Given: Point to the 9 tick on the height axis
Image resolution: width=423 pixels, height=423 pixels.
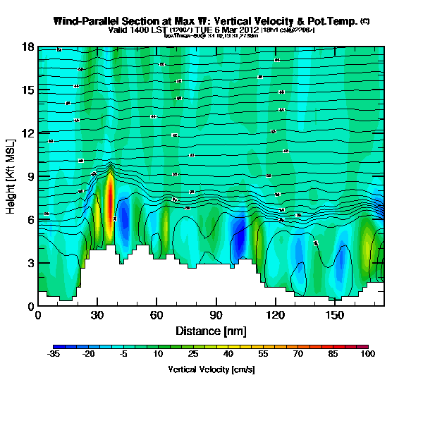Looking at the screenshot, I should (37, 176).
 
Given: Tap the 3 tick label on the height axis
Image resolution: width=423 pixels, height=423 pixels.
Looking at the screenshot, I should (31, 263).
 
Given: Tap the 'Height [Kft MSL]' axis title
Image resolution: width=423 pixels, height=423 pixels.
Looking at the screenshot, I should (12, 176).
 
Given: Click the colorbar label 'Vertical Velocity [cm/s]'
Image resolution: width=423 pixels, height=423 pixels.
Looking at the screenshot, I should (211, 369).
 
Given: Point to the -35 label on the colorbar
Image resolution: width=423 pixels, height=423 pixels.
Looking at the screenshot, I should (54, 354).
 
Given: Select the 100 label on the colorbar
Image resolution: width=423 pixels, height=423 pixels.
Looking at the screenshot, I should (367, 354).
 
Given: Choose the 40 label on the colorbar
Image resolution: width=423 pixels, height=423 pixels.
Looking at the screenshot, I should (228, 354).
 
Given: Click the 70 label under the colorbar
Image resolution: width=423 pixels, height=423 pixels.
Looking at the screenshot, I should (298, 354).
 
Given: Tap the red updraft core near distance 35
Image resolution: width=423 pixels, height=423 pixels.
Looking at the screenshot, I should (110, 197).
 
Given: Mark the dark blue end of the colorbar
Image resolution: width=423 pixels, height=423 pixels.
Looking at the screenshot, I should (57, 347).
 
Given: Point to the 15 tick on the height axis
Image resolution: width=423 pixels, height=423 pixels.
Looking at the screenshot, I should (37, 90).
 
